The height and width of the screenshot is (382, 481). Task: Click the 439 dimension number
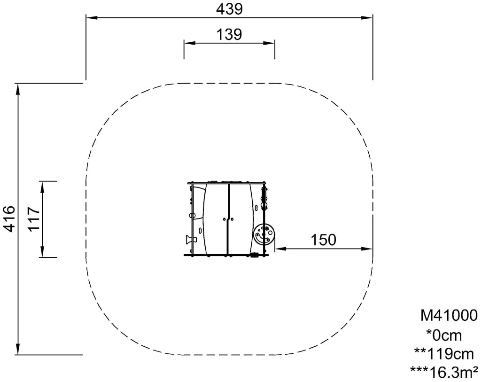(229, 9)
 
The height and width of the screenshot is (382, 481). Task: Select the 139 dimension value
(229, 34)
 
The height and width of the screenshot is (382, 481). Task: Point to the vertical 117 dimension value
(33, 219)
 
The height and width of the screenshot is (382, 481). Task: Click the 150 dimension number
(324, 240)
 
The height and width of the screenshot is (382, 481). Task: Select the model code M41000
(449, 315)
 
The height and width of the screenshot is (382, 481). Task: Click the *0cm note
(444, 335)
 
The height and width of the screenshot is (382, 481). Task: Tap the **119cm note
(444, 354)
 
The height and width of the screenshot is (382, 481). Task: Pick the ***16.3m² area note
(444, 372)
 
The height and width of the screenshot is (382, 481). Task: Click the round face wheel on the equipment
(264, 234)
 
